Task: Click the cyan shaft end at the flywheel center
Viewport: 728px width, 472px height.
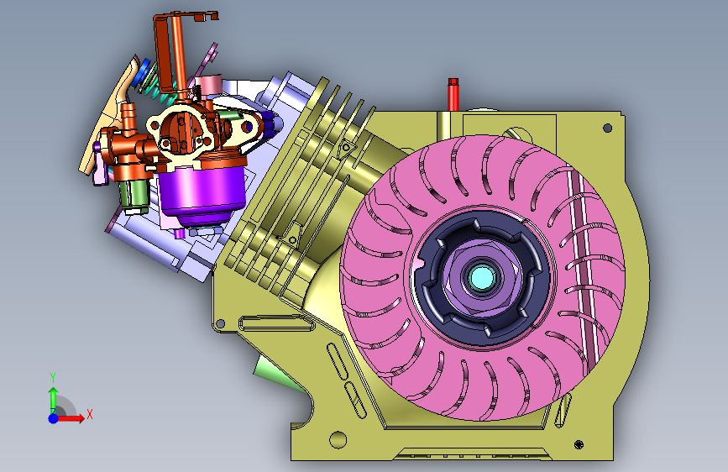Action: click(x=482, y=277)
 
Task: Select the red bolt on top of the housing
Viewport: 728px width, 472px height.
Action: click(x=453, y=94)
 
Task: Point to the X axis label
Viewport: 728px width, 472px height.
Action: click(x=90, y=414)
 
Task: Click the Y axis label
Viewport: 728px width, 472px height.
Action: click(x=53, y=377)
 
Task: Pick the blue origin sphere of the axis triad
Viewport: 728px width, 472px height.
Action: click(x=54, y=418)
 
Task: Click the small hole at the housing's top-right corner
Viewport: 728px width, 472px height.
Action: click(x=607, y=128)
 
